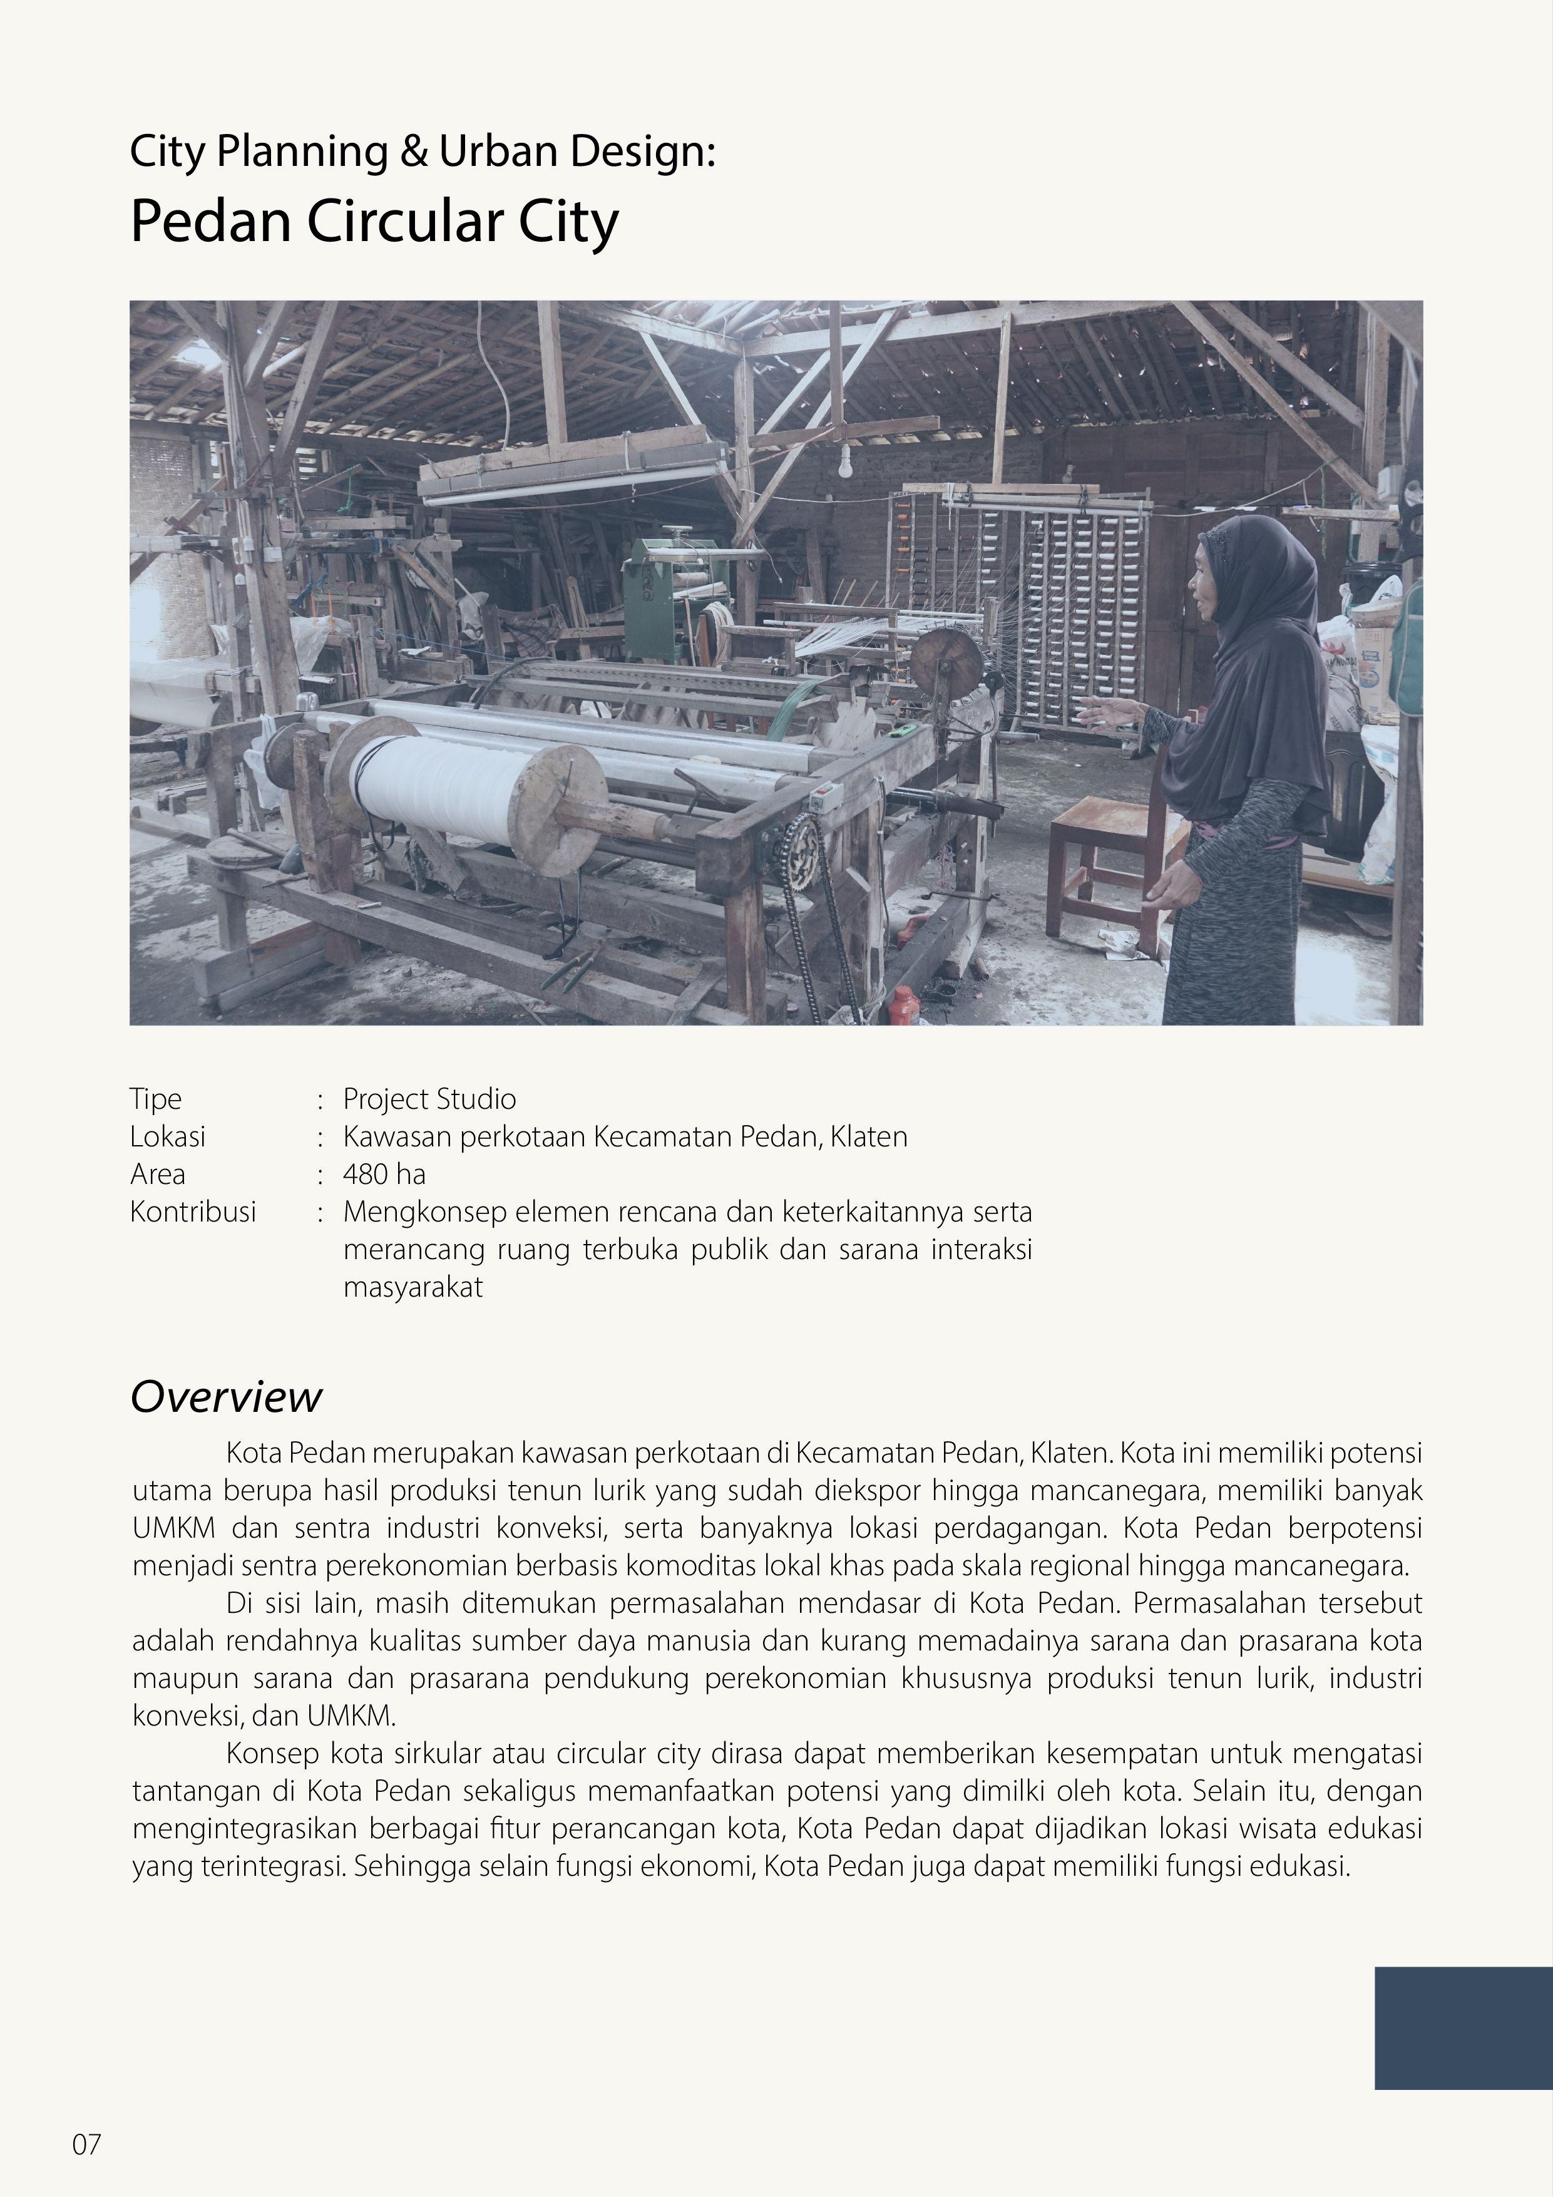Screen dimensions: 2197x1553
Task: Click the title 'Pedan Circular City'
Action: coord(374,222)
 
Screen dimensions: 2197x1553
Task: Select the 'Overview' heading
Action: coord(226,1397)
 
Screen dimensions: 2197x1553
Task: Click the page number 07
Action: coord(86,2144)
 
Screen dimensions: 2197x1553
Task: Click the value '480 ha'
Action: coord(384,1174)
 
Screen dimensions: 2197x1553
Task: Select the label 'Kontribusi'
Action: coord(193,1212)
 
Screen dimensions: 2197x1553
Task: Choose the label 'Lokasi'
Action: coord(168,1137)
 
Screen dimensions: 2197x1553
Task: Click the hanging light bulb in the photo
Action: coord(845,465)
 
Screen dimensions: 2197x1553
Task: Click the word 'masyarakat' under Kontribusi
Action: coord(413,1287)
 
